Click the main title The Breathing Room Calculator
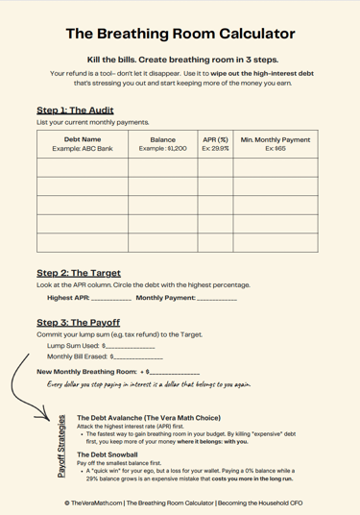(x=180, y=35)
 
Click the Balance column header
(x=162, y=140)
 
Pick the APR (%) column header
(x=216, y=140)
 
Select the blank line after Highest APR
(x=113, y=299)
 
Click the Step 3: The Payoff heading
(x=78, y=322)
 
